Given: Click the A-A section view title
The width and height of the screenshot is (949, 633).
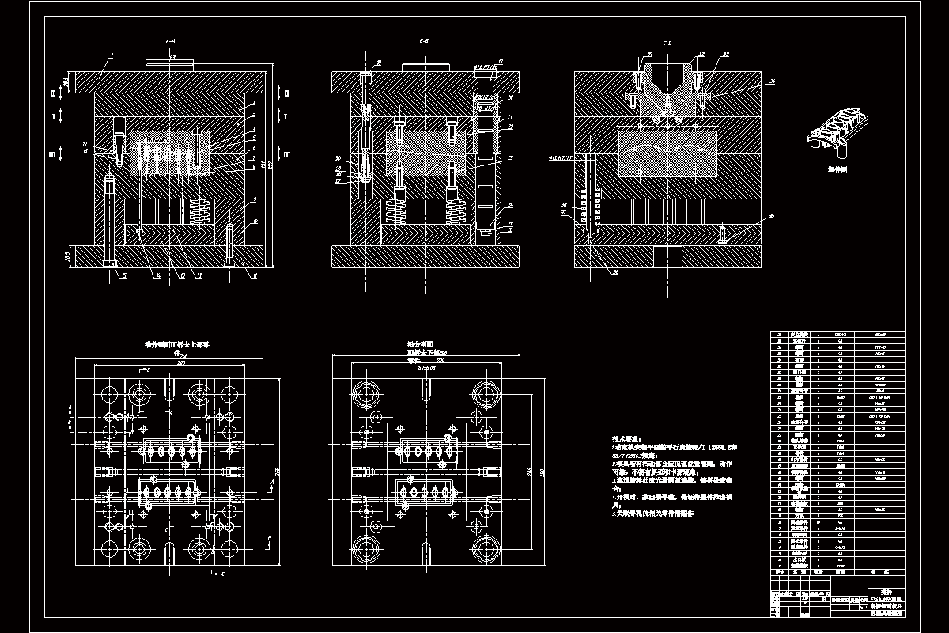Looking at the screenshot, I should coord(170,39).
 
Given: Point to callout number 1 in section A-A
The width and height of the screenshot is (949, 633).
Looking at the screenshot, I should coord(112,55).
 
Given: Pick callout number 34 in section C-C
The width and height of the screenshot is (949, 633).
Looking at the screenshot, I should coord(772,81).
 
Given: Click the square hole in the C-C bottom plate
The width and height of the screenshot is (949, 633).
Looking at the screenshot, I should coord(667,257).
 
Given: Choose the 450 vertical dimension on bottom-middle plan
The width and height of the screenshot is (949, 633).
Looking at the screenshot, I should coord(543,474).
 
